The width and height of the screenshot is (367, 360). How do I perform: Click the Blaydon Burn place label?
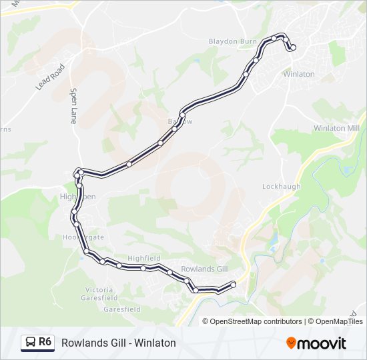coord(232,41)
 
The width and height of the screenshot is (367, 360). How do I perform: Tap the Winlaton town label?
coord(299,74)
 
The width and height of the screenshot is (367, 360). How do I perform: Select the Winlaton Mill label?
coord(336,128)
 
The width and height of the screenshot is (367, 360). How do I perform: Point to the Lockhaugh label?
coord(282,187)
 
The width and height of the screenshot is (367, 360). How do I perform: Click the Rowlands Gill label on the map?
coord(204,269)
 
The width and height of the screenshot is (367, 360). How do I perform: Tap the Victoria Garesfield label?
coord(101,294)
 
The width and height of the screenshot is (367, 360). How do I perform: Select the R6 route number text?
coord(45,342)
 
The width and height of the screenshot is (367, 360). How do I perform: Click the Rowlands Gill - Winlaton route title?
coord(118,343)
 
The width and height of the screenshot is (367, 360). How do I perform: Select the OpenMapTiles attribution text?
coord(339,321)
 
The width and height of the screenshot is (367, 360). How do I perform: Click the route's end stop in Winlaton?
coord(292,47)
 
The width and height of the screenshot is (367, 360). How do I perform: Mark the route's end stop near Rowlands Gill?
coord(234,285)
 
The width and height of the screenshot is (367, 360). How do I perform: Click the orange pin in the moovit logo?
coord(292,343)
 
